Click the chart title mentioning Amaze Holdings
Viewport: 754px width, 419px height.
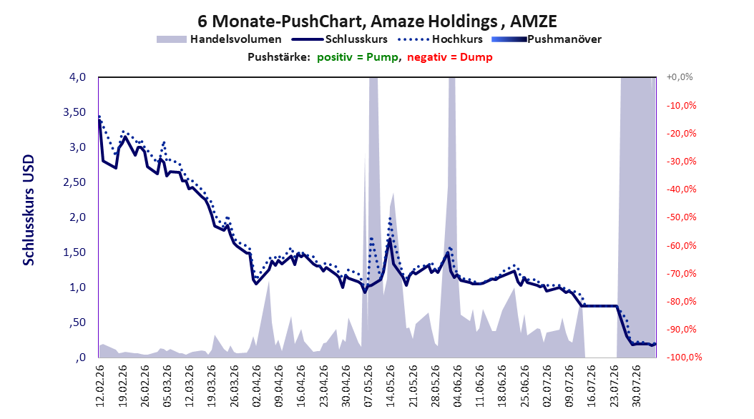pos(377,21)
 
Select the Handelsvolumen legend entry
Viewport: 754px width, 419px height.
pos(219,39)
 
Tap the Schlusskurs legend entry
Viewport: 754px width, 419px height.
pos(340,39)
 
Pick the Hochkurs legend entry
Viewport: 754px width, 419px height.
pos(440,39)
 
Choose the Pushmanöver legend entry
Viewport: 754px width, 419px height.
pos(547,39)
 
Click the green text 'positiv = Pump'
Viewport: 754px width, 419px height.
pos(358,57)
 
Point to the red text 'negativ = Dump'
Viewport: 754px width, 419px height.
pos(450,57)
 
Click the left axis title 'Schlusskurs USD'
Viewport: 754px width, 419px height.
pos(29,210)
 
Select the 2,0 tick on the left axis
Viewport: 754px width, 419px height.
pos(77,217)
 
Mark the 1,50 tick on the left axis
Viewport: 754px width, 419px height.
pos(74,252)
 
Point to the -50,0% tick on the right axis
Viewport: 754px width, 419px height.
pos(681,217)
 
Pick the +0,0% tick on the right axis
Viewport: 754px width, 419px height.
pos(680,77)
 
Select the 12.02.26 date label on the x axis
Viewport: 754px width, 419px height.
pos(100,386)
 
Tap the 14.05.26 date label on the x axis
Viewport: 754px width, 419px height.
pos(391,386)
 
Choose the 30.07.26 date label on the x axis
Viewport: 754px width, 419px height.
pos(637,386)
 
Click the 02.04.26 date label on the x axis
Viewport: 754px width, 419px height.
pos(256,386)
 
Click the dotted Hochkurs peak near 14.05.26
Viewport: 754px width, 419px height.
pos(389,218)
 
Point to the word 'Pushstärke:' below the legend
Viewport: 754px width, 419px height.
pos(279,57)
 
